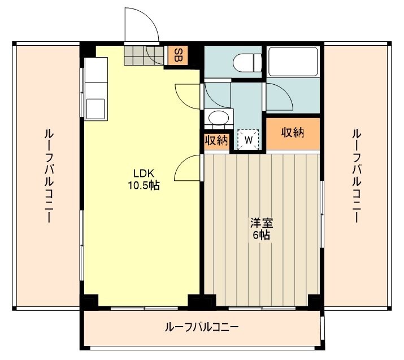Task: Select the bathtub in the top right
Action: point(293,62)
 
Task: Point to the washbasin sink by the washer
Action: point(219,118)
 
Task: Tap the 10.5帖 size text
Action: point(143,185)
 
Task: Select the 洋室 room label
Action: point(260,223)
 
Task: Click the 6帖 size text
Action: point(260,235)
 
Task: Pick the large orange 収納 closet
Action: point(293,133)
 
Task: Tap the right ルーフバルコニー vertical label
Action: point(356,175)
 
